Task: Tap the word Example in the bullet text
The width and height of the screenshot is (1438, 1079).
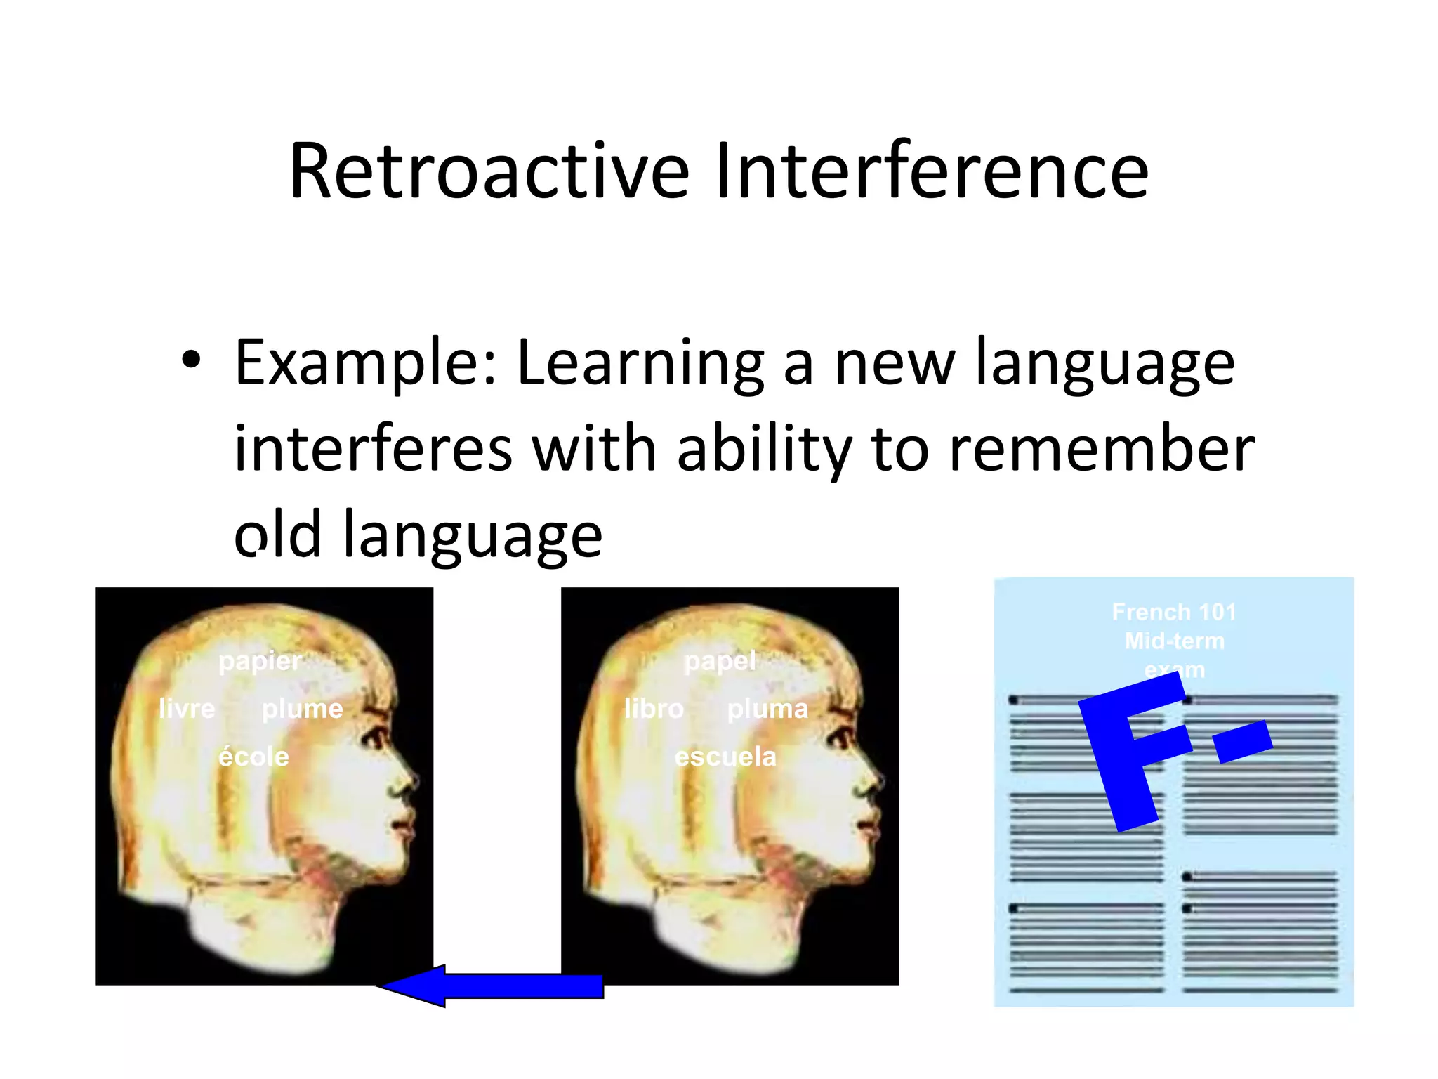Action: pyautogui.click(x=365, y=364)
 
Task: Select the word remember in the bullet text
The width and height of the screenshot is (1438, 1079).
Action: pyautogui.click(x=1102, y=450)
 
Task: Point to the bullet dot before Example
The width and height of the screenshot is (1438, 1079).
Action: pyautogui.click(x=190, y=360)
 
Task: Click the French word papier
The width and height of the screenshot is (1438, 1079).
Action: pyautogui.click(x=260, y=661)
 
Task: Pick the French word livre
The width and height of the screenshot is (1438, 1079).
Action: pyautogui.click(x=187, y=708)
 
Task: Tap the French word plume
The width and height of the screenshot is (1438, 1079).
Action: pyautogui.click(x=302, y=708)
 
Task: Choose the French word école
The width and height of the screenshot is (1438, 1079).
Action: pyautogui.click(x=253, y=757)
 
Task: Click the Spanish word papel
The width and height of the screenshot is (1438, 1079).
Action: pyautogui.click(x=720, y=661)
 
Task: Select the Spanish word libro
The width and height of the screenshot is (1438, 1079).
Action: pyautogui.click(x=654, y=708)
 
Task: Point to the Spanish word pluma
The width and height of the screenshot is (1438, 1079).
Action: pyautogui.click(x=767, y=708)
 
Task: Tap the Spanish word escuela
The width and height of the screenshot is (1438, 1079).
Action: pyautogui.click(x=725, y=757)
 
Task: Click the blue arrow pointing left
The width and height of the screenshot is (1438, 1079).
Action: pyautogui.click(x=492, y=986)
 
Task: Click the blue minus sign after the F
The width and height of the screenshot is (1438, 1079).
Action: pyautogui.click(x=1243, y=742)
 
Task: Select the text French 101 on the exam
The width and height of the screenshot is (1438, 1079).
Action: pyautogui.click(x=1174, y=612)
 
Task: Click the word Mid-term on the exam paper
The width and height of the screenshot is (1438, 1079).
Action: pyautogui.click(x=1174, y=641)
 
